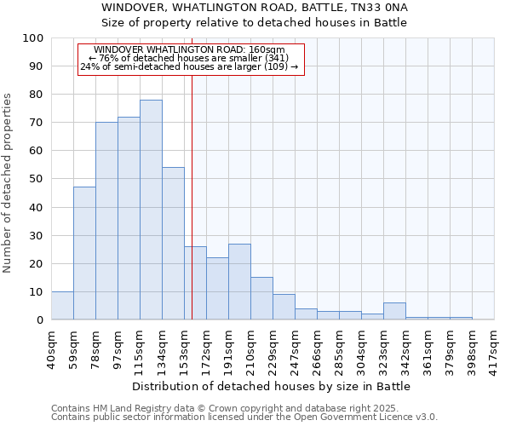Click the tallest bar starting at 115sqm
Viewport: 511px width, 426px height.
click(151, 210)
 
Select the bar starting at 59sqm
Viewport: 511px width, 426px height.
click(84, 253)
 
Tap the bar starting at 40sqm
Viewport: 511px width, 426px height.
click(62, 306)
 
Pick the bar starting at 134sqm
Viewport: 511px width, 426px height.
click(173, 244)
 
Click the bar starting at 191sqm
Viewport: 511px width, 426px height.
click(239, 282)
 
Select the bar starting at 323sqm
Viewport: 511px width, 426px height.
click(394, 312)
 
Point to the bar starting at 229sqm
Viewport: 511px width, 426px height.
click(284, 308)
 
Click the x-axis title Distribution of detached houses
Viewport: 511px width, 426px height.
click(272, 386)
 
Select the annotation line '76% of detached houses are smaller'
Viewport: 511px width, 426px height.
click(189, 58)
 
